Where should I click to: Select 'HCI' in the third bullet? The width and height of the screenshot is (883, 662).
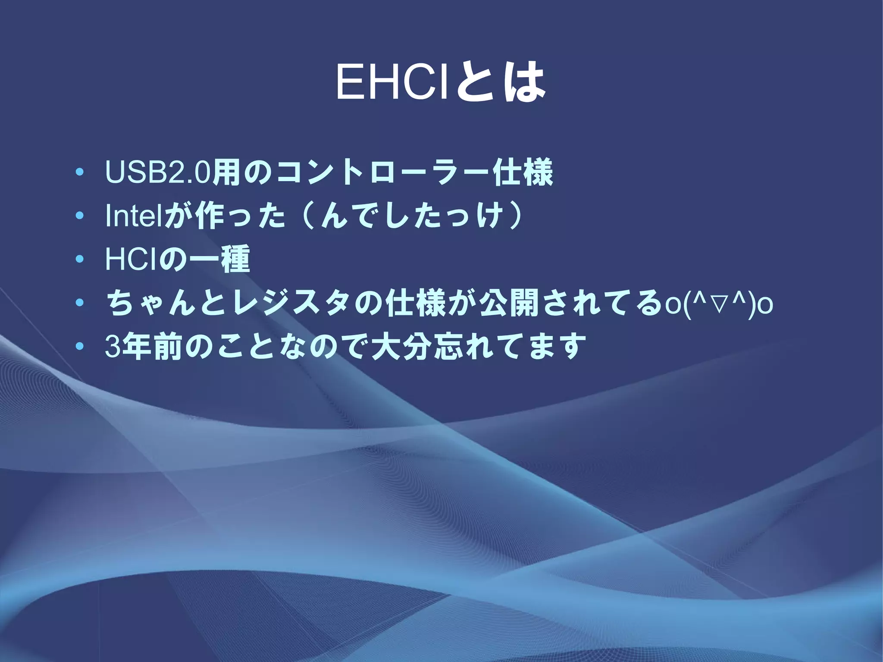pos(130,260)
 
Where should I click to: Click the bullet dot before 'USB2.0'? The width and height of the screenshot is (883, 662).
pos(79,173)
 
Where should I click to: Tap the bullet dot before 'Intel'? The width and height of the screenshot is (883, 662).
pos(79,217)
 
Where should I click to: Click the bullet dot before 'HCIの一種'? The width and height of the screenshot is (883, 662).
pos(79,260)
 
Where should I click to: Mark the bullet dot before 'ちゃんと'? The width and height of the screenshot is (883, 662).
pos(79,304)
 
